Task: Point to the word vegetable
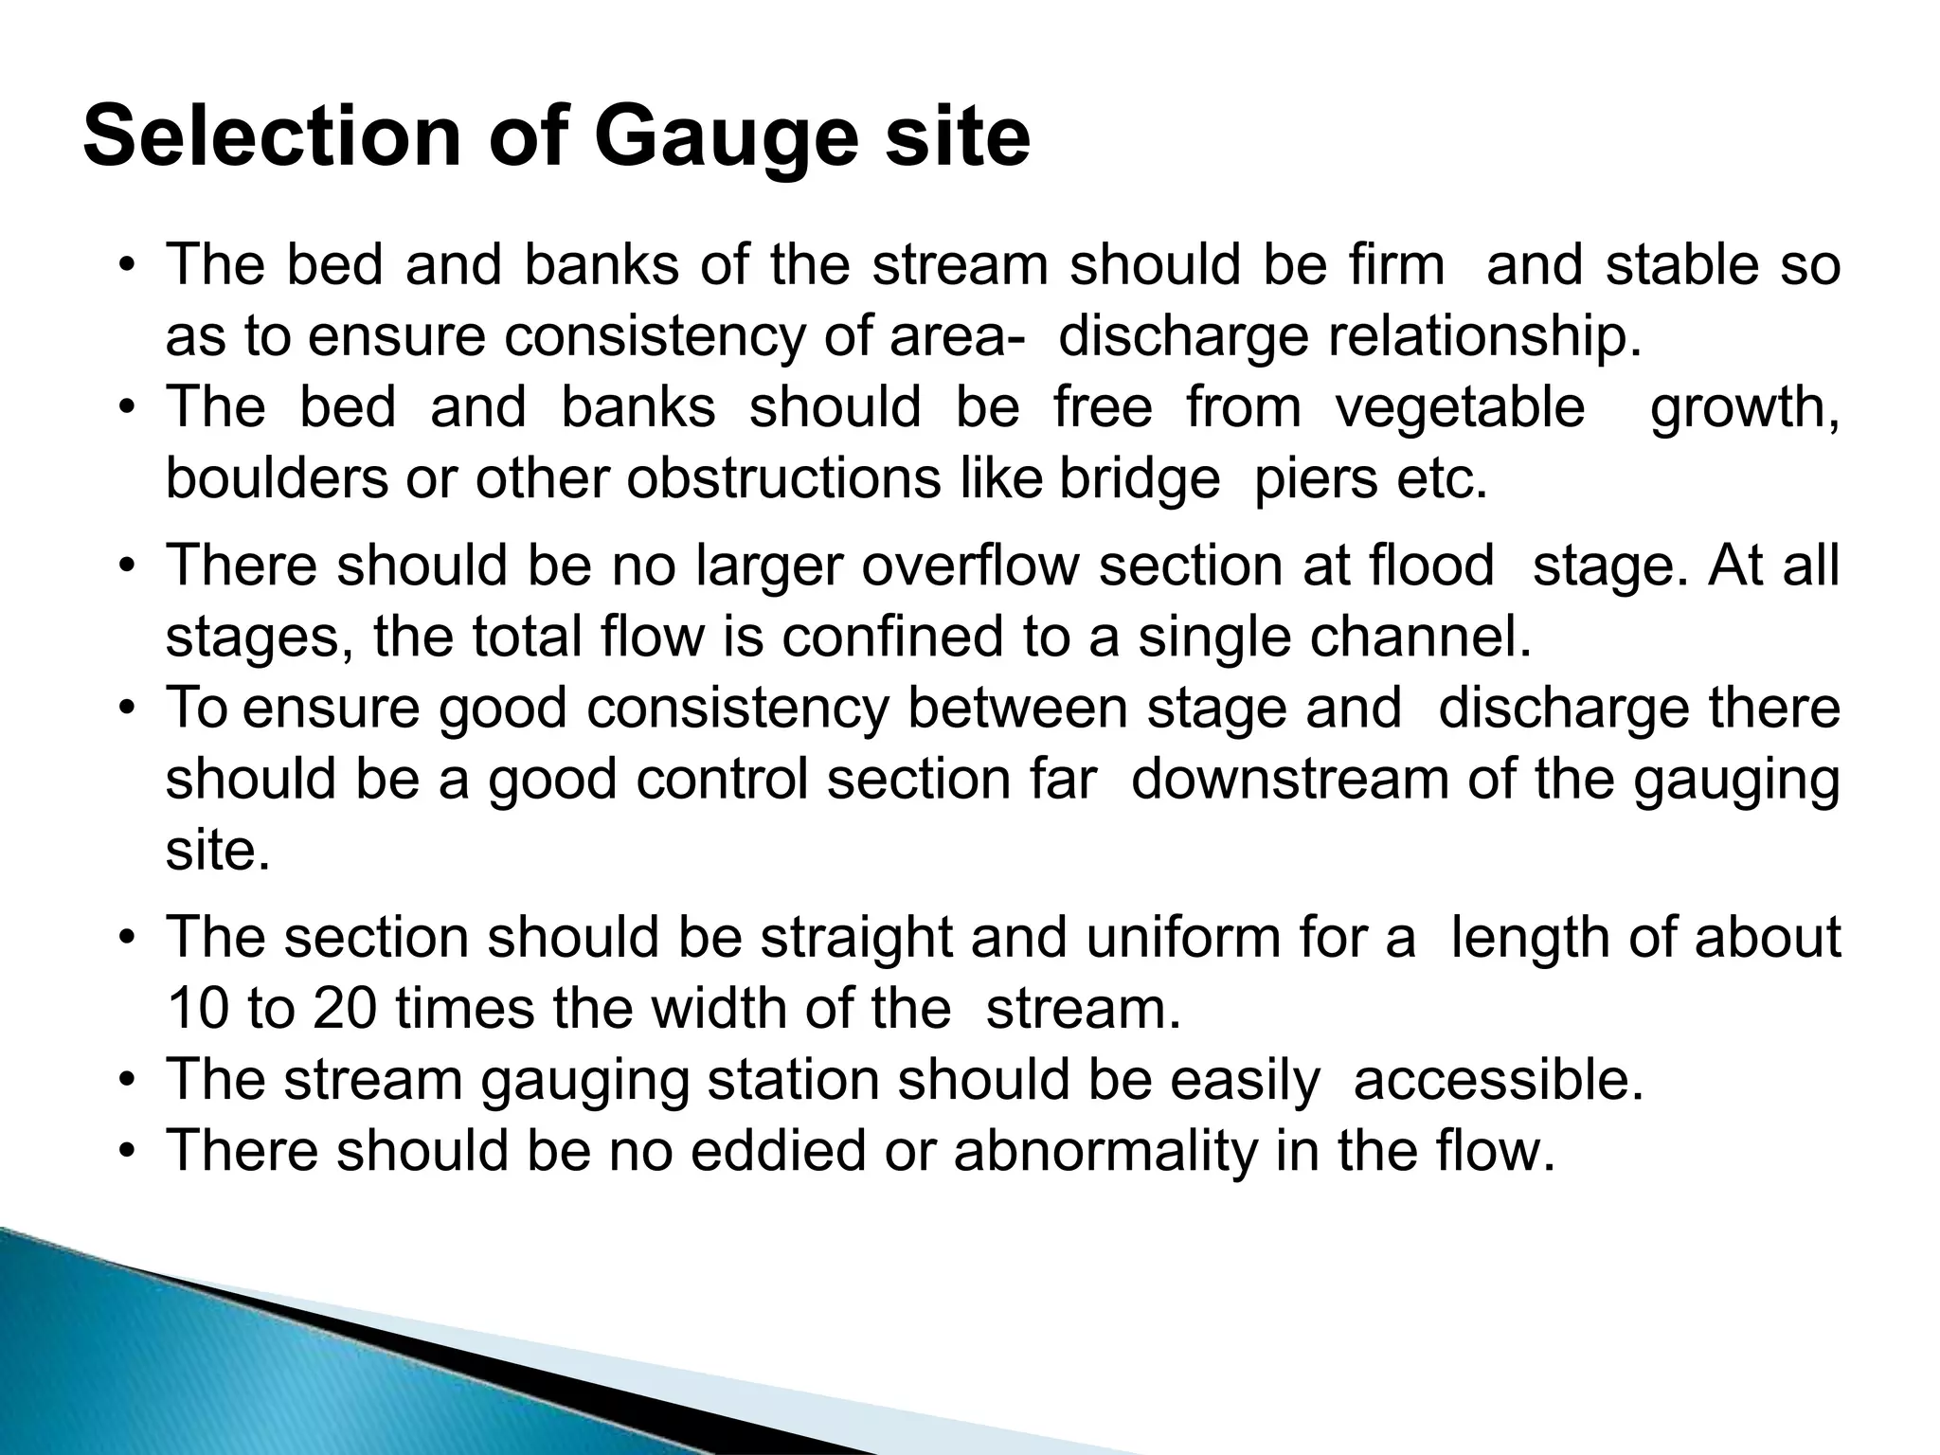pos(1460,407)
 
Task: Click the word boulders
pos(277,478)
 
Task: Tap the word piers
pos(1315,479)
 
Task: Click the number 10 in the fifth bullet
pos(197,1008)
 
